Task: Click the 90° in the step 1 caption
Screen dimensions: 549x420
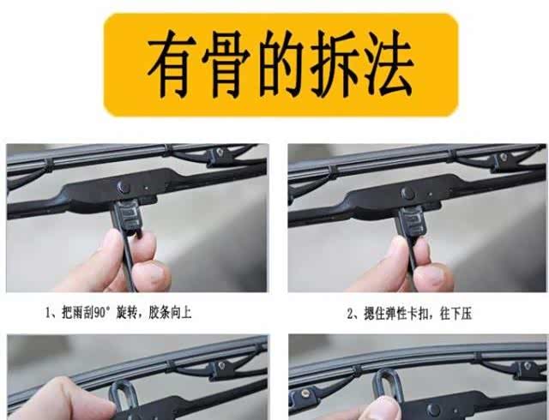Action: pos(101,313)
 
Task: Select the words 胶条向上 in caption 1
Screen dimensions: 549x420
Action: pos(170,313)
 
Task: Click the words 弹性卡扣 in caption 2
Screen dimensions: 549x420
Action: pos(407,314)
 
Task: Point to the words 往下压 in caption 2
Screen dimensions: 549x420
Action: pos(455,314)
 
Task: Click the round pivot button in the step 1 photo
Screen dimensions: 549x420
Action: pos(124,188)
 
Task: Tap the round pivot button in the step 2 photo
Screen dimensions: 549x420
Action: pos(407,193)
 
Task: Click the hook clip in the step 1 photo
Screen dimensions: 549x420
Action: pos(128,217)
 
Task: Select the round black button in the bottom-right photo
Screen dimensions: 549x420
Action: pos(433,410)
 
